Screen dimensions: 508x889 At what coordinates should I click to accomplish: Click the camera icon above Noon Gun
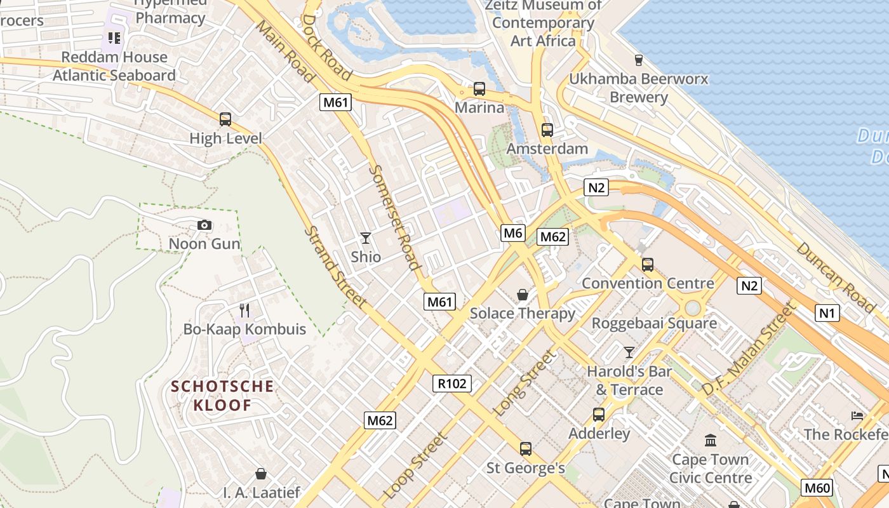click(204, 225)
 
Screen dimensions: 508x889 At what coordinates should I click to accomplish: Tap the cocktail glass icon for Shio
click(366, 238)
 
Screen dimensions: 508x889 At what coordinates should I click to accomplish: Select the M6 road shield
click(512, 233)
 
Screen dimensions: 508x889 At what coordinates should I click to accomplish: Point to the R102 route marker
click(453, 383)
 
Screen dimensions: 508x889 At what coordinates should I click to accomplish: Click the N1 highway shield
click(827, 312)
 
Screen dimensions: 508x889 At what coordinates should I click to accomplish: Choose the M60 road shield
click(817, 488)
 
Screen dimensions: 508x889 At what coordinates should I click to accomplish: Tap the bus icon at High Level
click(225, 119)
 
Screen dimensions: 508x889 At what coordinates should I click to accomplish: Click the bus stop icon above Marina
click(479, 89)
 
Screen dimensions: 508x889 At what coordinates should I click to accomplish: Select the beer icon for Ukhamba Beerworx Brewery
click(639, 60)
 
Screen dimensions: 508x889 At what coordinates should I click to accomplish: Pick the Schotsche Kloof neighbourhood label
click(222, 396)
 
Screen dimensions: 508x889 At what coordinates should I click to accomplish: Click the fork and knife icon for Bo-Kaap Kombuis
click(244, 311)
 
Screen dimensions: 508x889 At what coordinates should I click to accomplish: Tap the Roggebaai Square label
click(654, 323)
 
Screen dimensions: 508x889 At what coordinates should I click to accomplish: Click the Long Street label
click(524, 384)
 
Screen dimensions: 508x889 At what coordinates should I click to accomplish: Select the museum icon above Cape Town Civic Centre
click(711, 440)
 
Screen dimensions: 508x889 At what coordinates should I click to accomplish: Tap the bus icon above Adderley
click(599, 415)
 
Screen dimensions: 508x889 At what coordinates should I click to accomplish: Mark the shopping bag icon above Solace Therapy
click(523, 295)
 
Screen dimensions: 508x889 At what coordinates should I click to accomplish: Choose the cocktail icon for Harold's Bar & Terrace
click(629, 352)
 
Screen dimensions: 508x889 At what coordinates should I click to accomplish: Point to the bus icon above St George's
click(526, 449)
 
